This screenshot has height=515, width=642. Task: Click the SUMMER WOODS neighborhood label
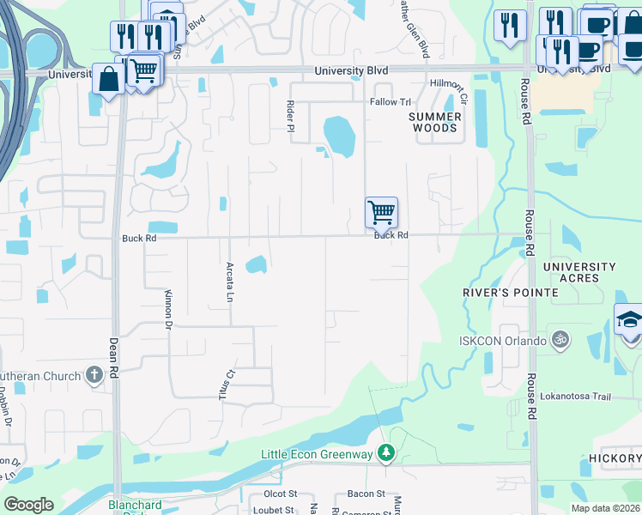[x=435, y=122]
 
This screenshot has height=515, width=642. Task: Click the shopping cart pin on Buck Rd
[x=381, y=212]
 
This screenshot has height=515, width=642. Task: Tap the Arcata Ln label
[x=230, y=282]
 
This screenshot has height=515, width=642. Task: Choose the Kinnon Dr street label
[x=168, y=310]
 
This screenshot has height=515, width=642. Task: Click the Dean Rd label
[x=114, y=360]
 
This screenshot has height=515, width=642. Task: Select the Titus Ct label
[x=227, y=385]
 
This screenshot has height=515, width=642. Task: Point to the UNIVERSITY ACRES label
[x=579, y=272]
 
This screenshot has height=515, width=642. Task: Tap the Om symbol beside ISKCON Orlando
[x=561, y=340]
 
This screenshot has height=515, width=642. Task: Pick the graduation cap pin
[x=629, y=321]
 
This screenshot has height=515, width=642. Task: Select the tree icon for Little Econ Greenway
[x=387, y=451]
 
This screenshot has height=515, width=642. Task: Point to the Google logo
[x=28, y=506]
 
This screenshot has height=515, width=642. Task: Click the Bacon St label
[x=366, y=494]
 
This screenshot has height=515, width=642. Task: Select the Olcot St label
[x=281, y=494]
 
